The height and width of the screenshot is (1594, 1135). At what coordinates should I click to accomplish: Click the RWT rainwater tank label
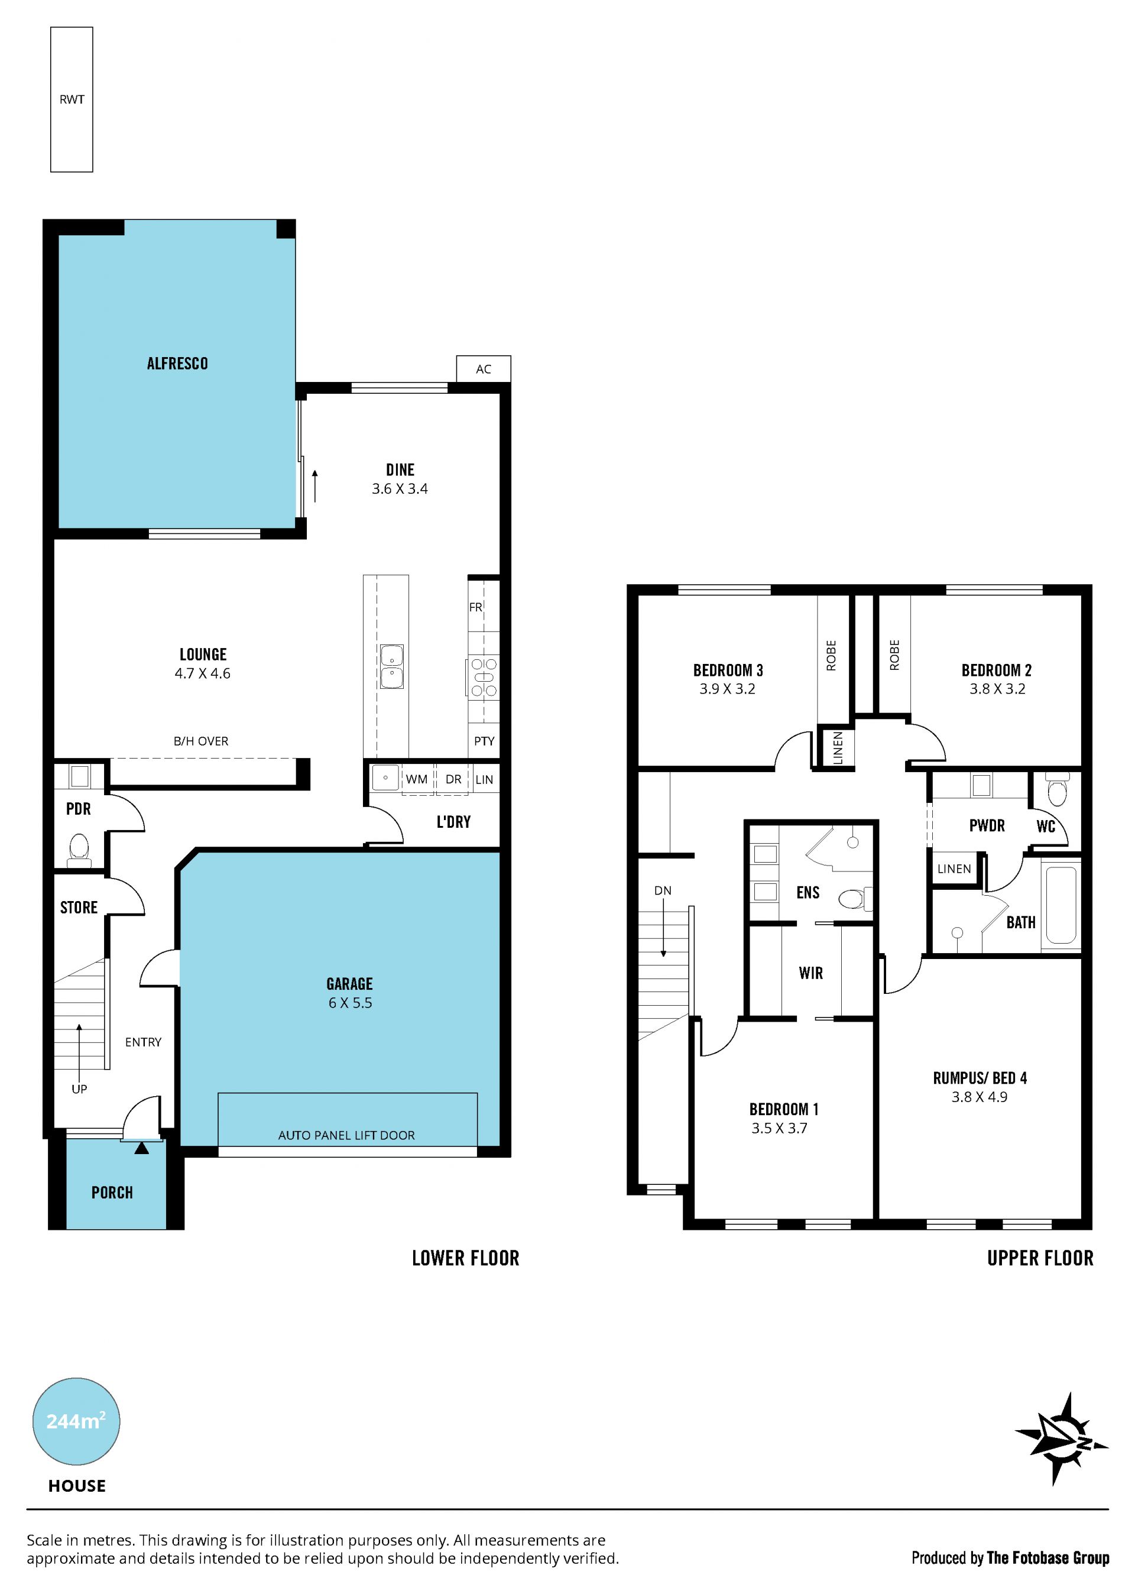coord(72,100)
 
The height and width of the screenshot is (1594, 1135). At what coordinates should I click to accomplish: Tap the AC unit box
coord(484,369)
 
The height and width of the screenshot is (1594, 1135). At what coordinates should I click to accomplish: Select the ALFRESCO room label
coord(177,364)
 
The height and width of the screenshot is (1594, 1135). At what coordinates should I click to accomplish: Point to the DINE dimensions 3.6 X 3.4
coord(400,489)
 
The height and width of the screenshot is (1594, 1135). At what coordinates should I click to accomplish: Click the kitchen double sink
coord(392,667)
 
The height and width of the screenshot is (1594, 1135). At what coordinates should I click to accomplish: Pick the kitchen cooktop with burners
coord(483,677)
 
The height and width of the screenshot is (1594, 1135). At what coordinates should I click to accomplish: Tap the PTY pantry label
coord(484,741)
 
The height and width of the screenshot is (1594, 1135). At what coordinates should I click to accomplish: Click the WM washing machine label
coord(417,779)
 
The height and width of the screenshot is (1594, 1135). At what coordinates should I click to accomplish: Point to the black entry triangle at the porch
coord(142,1148)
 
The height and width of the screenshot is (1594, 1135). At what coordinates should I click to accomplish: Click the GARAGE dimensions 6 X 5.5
coord(350,1003)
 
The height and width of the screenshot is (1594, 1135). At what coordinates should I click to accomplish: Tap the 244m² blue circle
coord(76,1421)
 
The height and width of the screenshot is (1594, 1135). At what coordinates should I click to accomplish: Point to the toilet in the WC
coord(1058,790)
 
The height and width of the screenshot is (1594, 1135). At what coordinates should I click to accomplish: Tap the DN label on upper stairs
coord(663,891)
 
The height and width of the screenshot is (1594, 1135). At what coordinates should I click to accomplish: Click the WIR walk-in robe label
coord(810,973)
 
